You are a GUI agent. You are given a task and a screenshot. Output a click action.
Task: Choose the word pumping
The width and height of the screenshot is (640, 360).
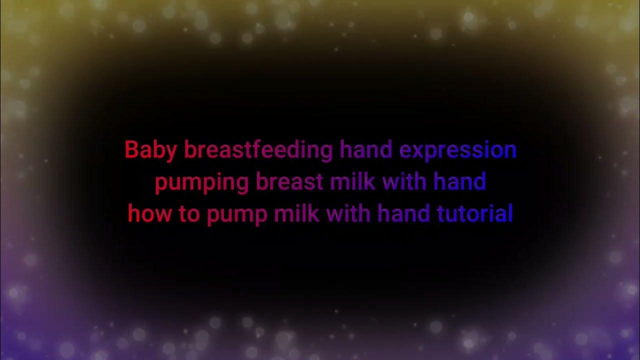pos(201,182)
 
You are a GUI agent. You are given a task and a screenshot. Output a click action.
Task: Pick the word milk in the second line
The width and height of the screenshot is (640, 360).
pos(352,181)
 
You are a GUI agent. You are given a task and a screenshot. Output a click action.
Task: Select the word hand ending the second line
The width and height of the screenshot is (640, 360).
pos(459,181)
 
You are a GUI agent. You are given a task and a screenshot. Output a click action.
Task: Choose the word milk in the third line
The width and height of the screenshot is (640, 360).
pos(296,214)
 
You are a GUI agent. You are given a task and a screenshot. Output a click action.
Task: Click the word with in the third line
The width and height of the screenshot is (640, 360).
pos(348,214)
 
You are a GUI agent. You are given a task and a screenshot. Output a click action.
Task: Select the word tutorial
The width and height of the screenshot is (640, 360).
pos(475,214)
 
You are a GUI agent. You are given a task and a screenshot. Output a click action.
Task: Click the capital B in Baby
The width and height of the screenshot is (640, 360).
pos(131,150)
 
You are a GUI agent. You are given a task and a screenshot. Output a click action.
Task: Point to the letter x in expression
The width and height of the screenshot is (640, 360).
pos(416,151)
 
